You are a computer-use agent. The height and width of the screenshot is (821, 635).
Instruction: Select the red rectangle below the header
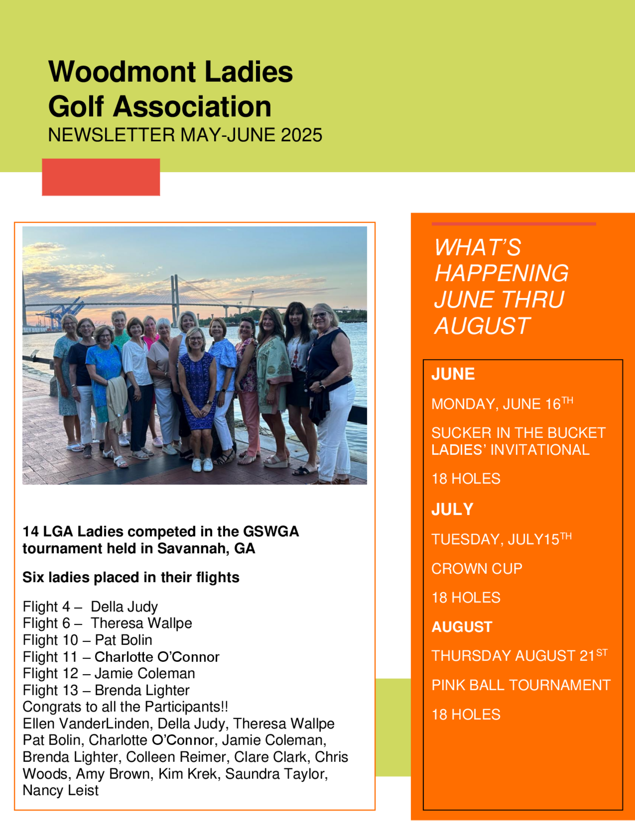click(x=101, y=177)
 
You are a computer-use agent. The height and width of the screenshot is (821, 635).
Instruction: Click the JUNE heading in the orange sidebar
click(x=453, y=374)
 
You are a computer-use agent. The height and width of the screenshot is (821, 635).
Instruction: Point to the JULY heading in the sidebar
click(x=452, y=509)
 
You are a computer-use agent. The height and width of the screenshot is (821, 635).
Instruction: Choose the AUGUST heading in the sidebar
click(x=462, y=627)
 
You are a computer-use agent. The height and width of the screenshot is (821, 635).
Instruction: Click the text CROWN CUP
click(x=477, y=569)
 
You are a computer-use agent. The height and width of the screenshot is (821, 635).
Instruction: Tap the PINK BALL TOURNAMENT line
click(x=521, y=685)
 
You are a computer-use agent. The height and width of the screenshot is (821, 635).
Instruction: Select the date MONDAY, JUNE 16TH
click(x=502, y=404)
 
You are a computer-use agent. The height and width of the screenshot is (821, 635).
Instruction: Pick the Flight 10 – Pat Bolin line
click(x=87, y=640)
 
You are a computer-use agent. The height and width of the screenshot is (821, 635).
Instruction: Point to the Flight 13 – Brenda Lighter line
click(x=106, y=690)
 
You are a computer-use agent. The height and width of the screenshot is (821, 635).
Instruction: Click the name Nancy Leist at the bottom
click(x=61, y=791)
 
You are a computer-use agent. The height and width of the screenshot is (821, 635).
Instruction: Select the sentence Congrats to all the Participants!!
click(x=125, y=707)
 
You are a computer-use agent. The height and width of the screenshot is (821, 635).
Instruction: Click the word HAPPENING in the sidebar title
click(x=501, y=273)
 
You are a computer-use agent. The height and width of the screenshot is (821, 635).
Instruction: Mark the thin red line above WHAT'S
click(x=513, y=224)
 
